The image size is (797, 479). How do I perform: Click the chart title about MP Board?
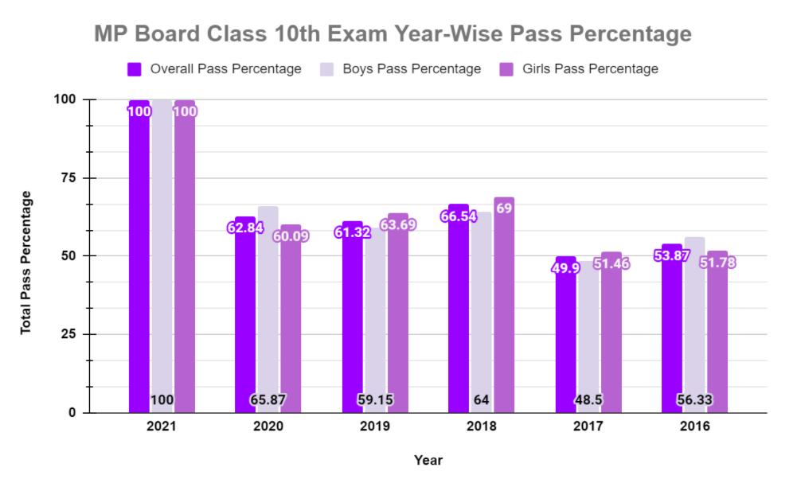point(393,34)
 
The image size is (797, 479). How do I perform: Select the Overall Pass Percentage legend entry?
point(215,69)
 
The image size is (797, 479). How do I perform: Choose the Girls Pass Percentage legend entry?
point(580,69)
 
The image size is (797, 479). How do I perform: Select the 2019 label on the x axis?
point(374,426)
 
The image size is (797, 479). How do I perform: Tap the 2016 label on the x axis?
point(694,426)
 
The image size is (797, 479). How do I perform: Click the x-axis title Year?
point(428,460)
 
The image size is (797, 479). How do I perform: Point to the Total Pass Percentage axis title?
point(26,262)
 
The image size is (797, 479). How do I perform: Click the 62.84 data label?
point(245,228)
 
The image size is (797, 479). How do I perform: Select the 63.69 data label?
point(397,224)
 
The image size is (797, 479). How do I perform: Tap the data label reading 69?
point(504,208)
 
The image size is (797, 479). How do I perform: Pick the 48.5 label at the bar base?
point(588,400)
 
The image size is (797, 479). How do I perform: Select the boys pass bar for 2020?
point(268,310)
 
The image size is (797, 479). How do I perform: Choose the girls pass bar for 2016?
point(717,334)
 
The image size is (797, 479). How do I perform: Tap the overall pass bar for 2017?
point(565,342)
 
